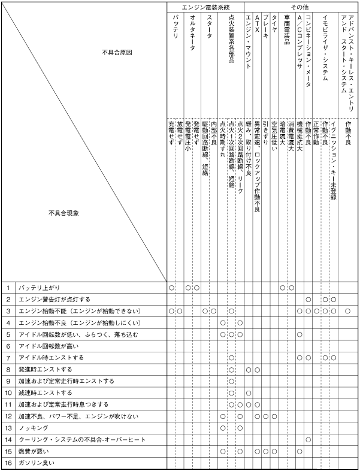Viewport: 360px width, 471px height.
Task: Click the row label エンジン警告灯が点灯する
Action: [x=55, y=299]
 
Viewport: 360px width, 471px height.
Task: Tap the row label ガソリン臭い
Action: [x=36, y=463]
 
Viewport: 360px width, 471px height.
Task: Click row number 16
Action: [x=8, y=463]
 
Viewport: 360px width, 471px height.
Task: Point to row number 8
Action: [x=8, y=369]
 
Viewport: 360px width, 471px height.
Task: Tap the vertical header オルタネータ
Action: [x=192, y=35]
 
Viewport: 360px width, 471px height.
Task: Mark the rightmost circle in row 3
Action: [x=348, y=311]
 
